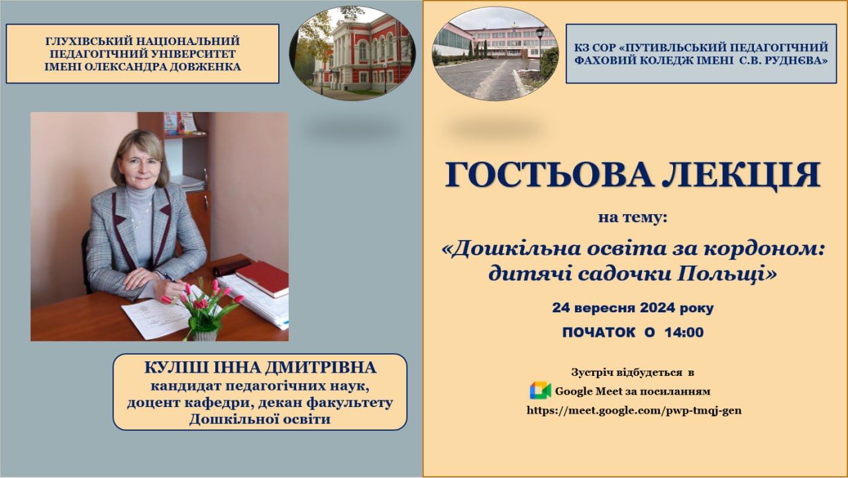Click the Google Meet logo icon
540,390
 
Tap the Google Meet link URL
634,410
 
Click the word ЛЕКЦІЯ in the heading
741,175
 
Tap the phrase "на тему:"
632,218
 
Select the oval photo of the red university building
352,54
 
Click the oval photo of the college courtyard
495,54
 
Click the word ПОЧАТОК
598,333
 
